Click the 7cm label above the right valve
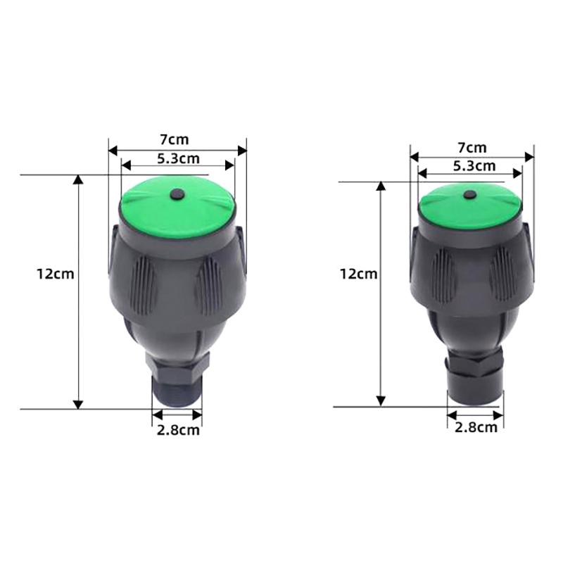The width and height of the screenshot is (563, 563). (x=472, y=147)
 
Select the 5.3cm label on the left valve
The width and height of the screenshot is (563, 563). (x=177, y=158)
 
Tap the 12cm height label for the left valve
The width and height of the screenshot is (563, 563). (x=55, y=274)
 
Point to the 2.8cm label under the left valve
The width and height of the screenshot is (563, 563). (x=178, y=430)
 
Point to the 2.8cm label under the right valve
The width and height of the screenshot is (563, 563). (x=476, y=426)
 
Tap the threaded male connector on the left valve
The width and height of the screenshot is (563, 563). (x=177, y=391)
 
